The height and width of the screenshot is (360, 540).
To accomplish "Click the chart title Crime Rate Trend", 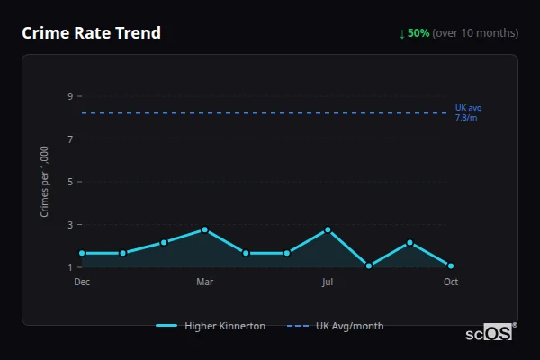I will click(x=91, y=33).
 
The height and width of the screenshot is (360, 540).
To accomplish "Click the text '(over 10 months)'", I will click(x=475, y=33).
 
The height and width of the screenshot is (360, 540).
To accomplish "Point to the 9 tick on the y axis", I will click(x=69, y=96).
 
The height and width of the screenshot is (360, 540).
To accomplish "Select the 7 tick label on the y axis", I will click(x=69, y=139).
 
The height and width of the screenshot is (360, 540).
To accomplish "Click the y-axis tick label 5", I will click(x=69, y=182).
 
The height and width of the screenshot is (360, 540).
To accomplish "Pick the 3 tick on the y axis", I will click(x=69, y=224).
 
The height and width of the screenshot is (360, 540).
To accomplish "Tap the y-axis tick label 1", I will click(x=69, y=267).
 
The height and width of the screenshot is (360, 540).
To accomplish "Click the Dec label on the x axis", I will click(x=82, y=282).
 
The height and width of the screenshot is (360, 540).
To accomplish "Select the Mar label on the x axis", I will click(x=204, y=282).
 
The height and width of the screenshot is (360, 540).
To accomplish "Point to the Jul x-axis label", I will click(x=328, y=282).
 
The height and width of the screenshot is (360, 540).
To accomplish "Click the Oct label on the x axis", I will click(x=451, y=282).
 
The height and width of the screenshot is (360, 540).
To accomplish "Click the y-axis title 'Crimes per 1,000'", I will click(x=45, y=182).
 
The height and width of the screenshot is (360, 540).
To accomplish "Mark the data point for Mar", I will click(x=205, y=229).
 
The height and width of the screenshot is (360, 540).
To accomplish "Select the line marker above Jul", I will click(x=328, y=229).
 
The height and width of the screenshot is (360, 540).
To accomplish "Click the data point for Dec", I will click(x=82, y=253).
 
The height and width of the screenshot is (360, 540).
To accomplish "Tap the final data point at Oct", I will click(x=451, y=265).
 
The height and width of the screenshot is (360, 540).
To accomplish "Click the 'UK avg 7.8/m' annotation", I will click(x=468, y=112).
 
